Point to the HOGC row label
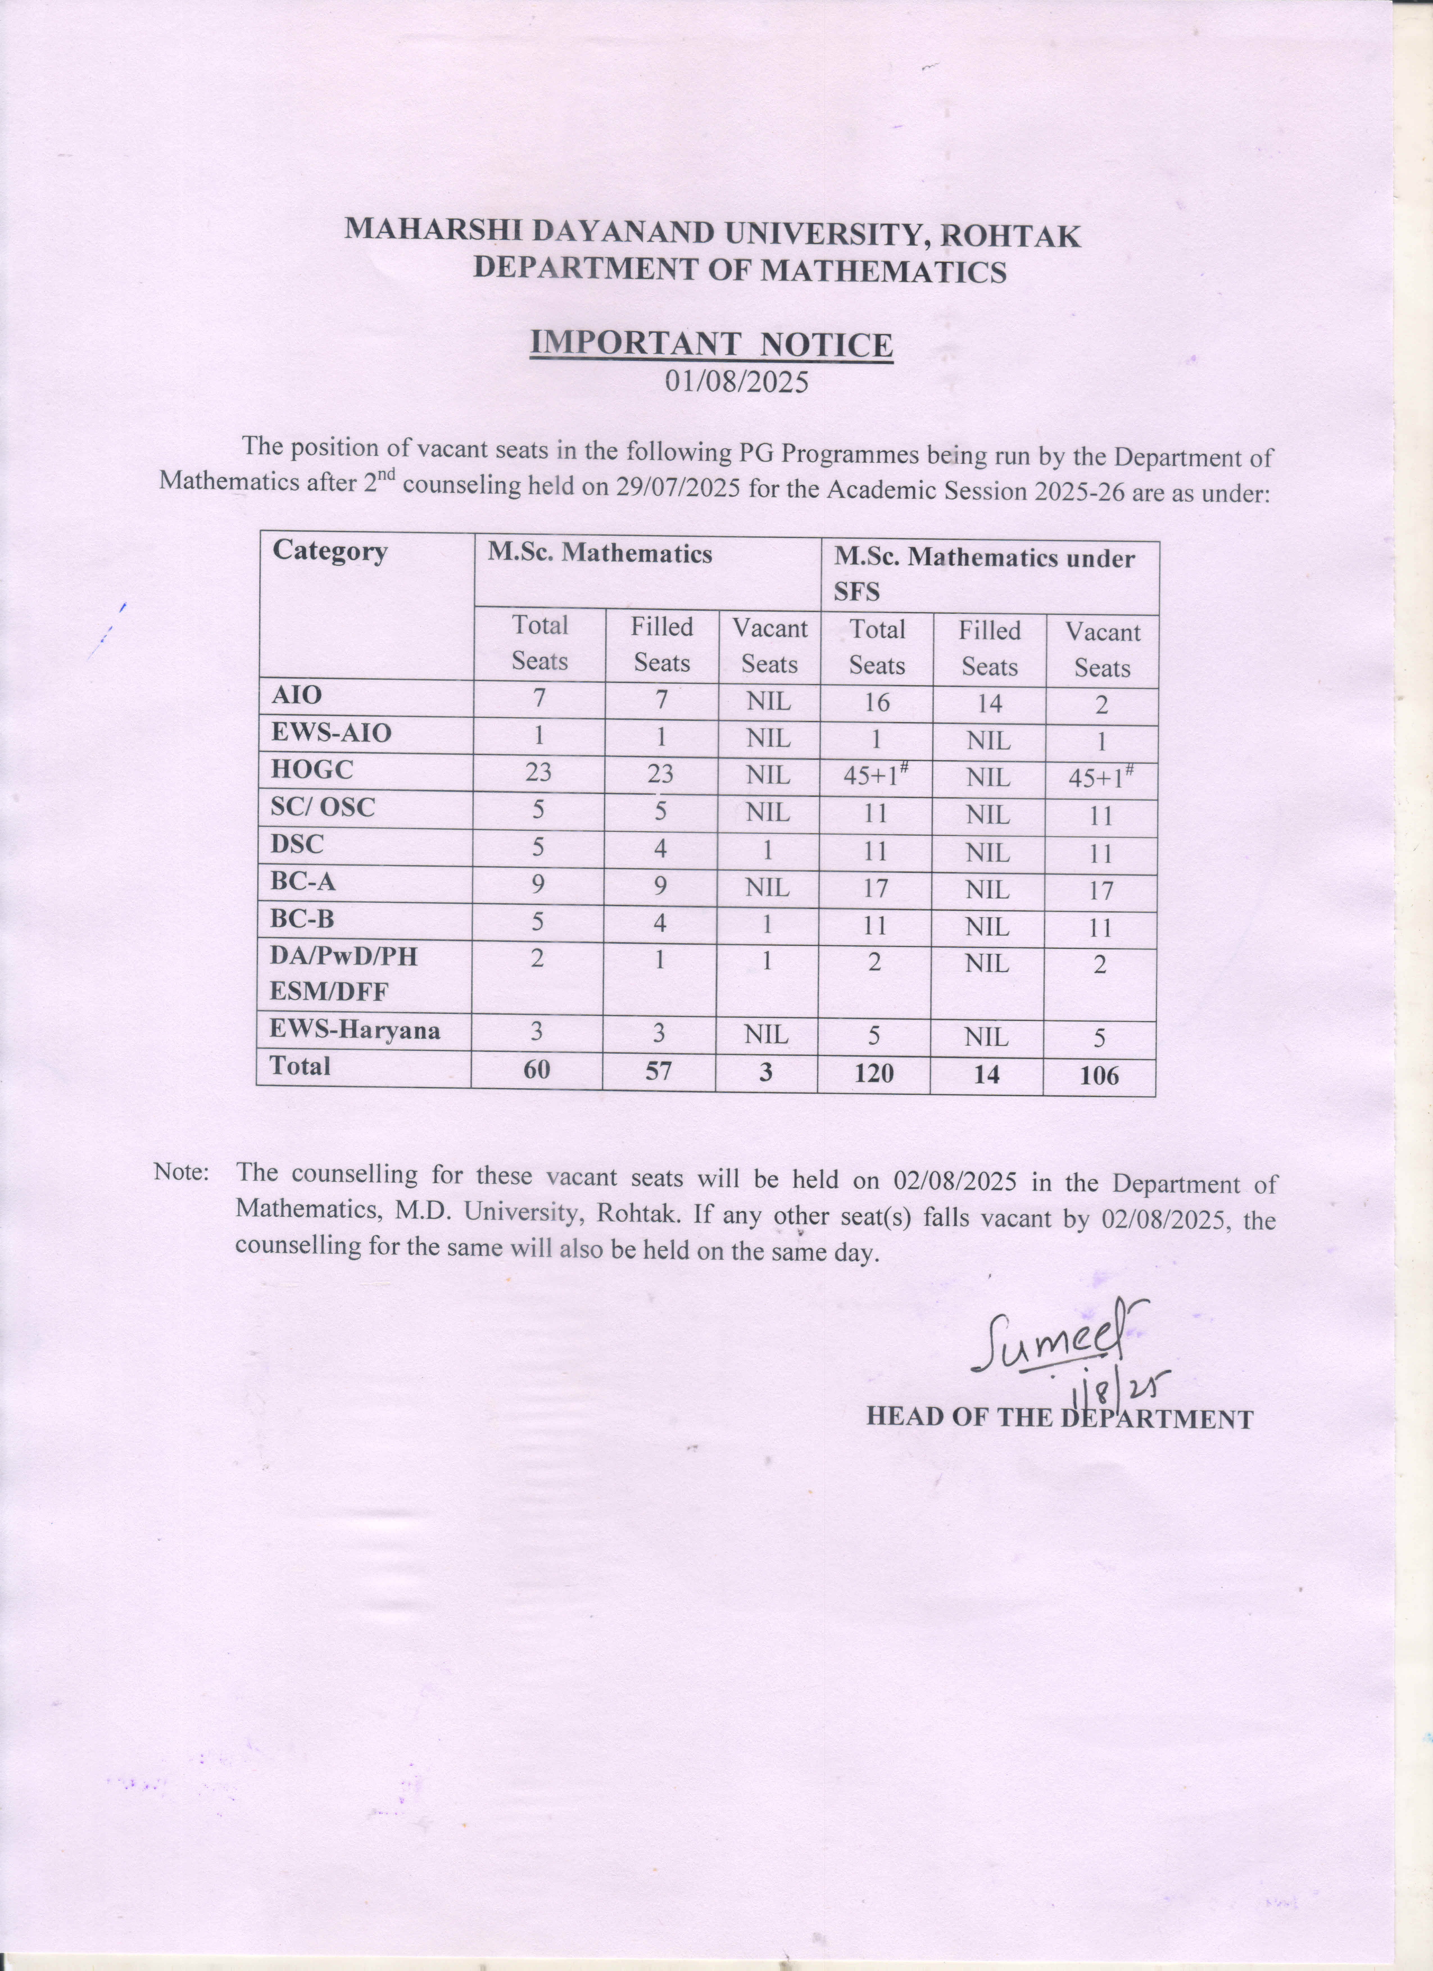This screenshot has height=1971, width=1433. point(313,770)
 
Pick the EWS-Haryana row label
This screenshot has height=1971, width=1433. point(355,1031)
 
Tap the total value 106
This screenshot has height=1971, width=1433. point(1099,1076)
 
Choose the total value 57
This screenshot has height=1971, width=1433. point(659,1071)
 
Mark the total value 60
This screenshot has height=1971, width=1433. point(537,1069)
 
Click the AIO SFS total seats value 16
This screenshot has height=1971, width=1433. point(876,702)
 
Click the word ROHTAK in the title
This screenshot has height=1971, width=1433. point(1011,236)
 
